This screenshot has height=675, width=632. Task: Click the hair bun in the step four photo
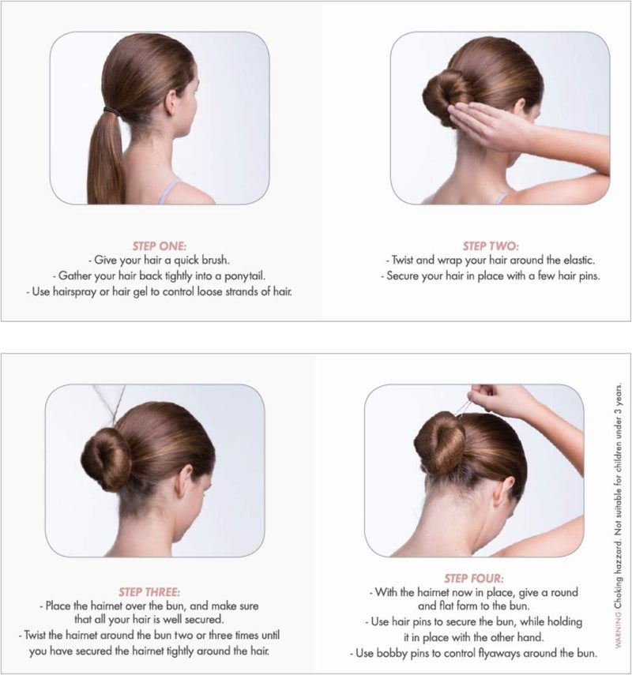441,446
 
